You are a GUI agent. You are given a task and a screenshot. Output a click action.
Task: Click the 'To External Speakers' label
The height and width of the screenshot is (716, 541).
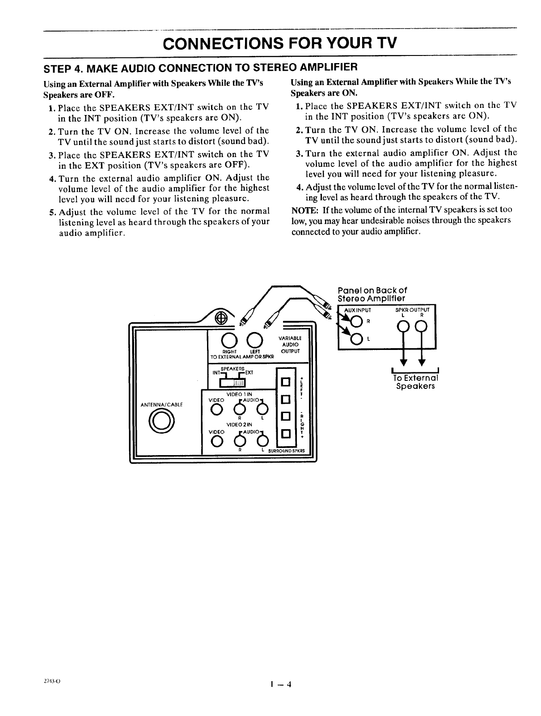[415, 382]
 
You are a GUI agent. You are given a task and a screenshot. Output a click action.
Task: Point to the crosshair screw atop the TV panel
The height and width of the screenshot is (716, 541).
[220, 318]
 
